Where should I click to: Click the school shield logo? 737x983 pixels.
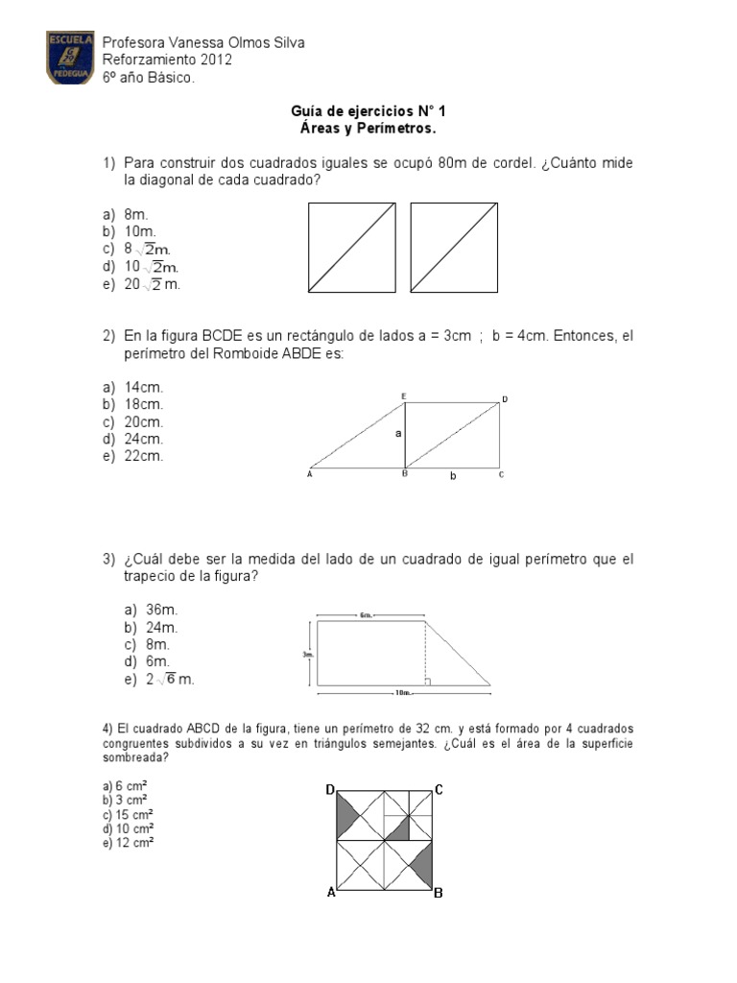click(x=70, y=58)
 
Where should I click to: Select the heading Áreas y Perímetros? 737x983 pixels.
click(x=369, y=128)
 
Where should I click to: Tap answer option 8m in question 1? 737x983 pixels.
click(x=139, y=216)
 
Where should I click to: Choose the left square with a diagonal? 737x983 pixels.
click(x=351, y=247)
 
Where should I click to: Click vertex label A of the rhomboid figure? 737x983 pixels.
click(x=310, y=473)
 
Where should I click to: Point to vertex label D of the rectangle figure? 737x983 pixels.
click(x=505, y=398)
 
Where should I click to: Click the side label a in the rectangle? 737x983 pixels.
click(x=397, y=434)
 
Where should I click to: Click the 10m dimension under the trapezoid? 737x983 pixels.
click(x=403, y=691)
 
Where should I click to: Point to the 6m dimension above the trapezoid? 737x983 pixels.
click(x=367, y=615)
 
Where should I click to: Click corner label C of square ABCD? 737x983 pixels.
click(x=439, y=790)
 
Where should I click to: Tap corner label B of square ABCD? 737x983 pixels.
click(x=438, y=893)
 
